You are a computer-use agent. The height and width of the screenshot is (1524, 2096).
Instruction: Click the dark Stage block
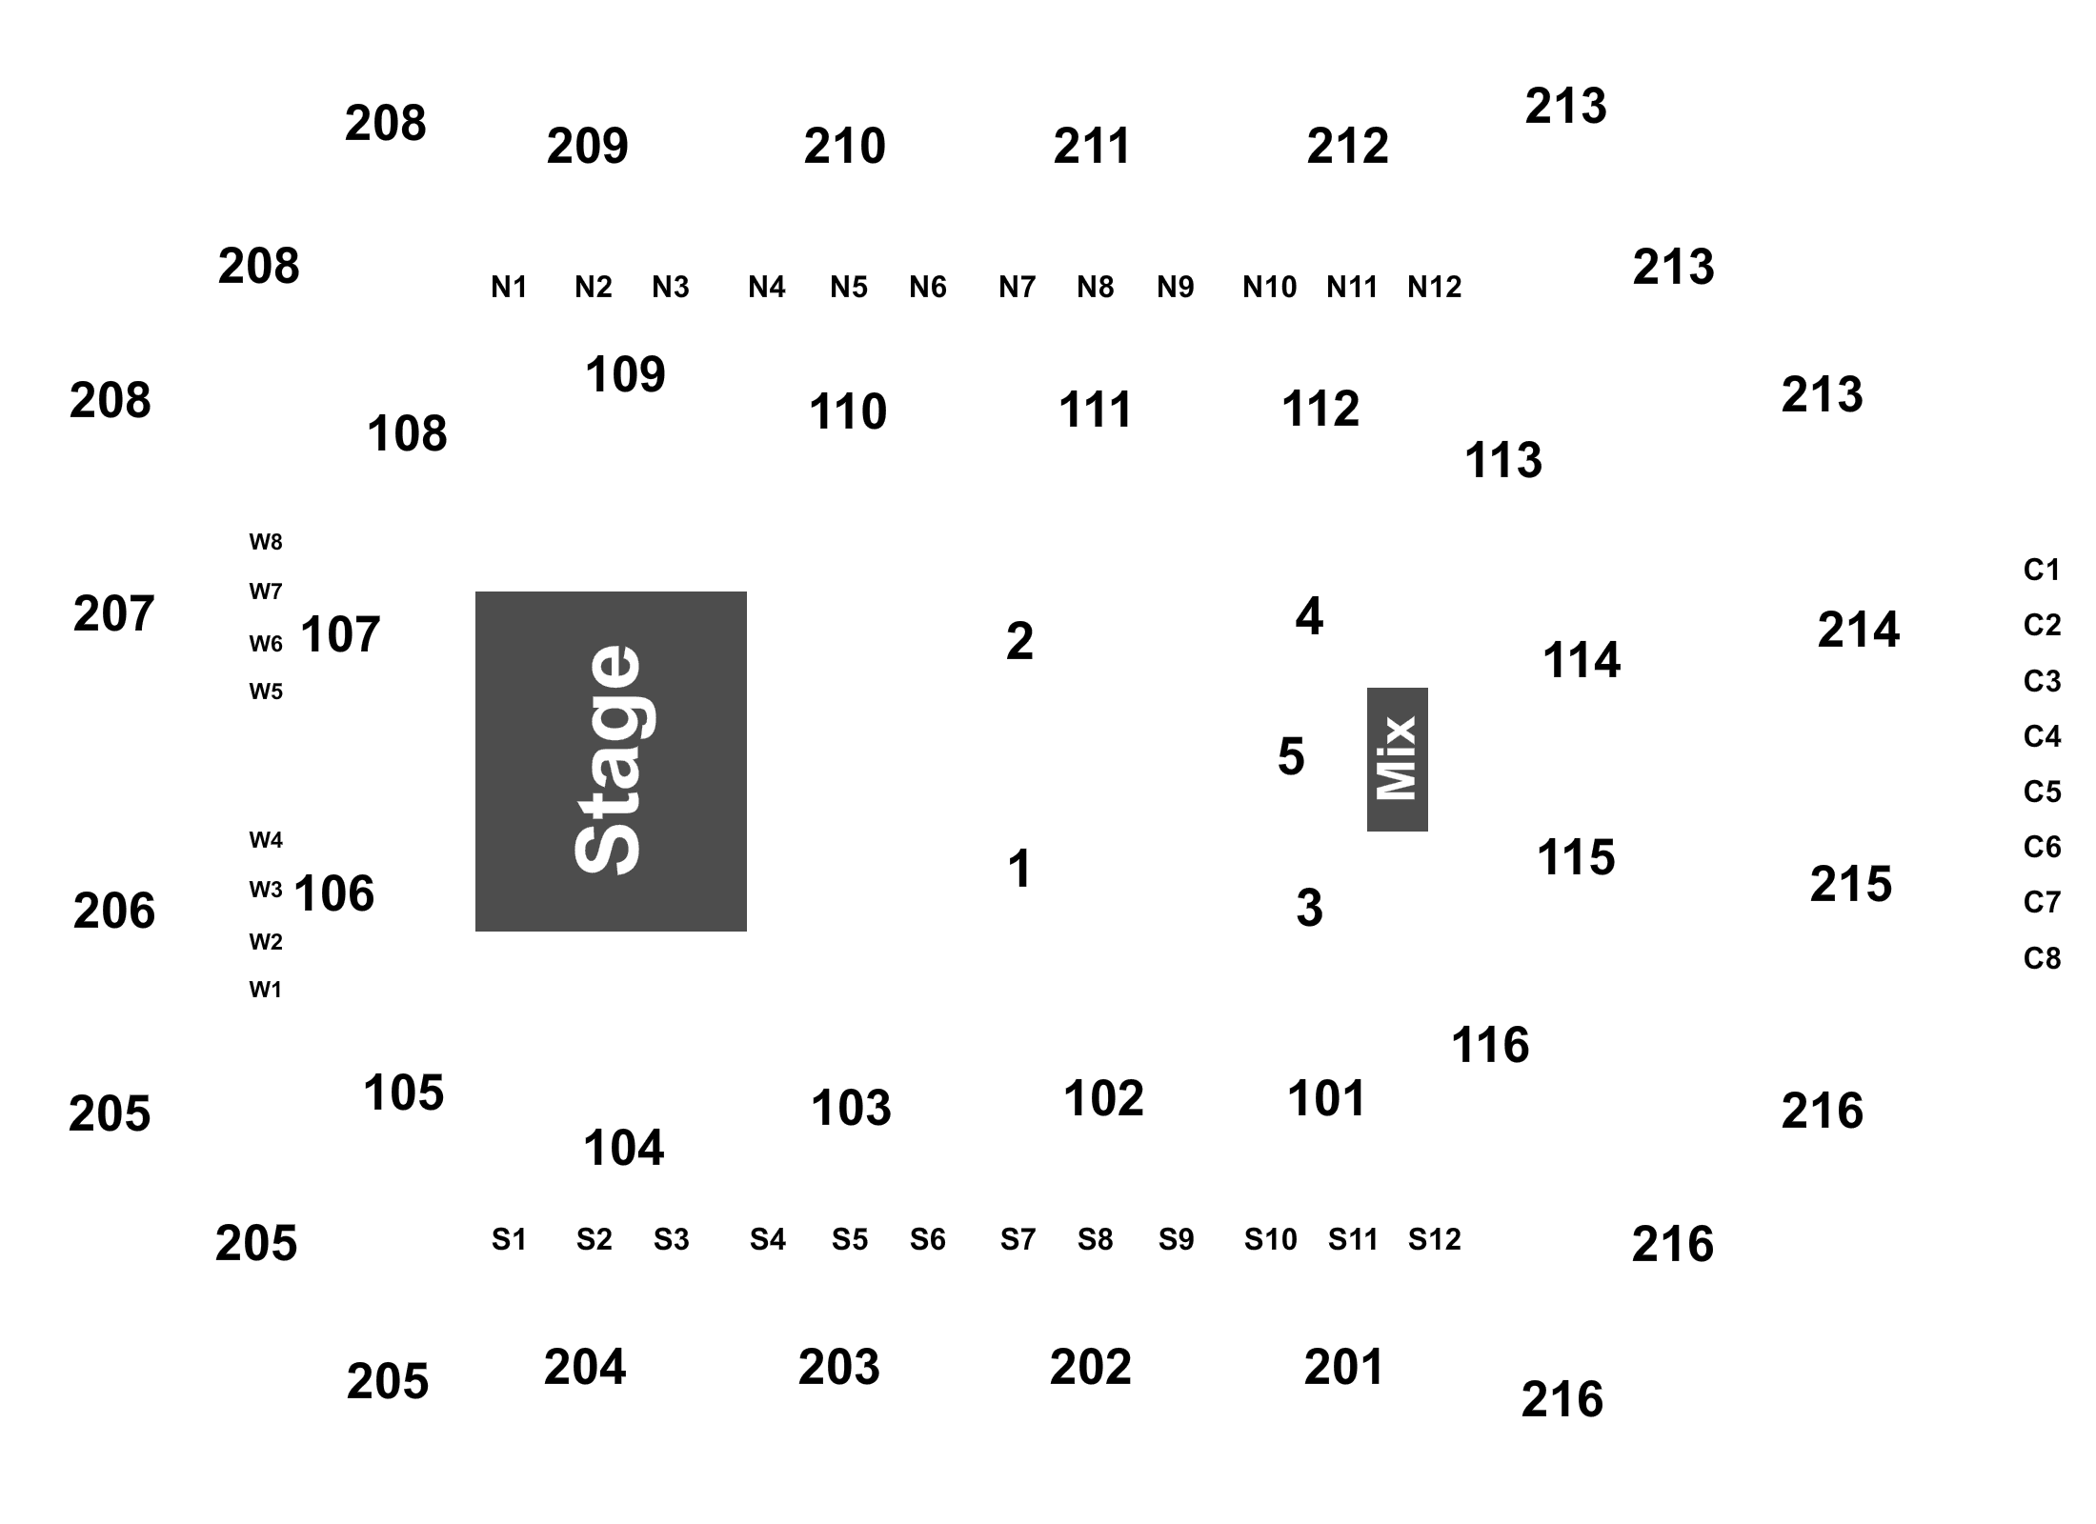click(x=611, y=761)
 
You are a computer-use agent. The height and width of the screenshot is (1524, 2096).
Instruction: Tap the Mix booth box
click(x=1397, y=759)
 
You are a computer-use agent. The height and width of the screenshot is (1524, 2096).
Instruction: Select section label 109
click(x=625, y=374)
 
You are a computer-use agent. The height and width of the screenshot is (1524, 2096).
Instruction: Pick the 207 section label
click(x=113, y=613)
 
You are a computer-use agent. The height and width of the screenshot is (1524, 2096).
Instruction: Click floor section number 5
click(x=1291, y=756)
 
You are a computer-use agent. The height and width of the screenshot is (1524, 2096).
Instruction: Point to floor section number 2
click(x=1019, y=641)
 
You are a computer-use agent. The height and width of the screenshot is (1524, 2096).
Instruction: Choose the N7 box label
click(x=1017, y=287)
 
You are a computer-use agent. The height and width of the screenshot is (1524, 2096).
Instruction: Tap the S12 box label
click(x=1434, y=1239)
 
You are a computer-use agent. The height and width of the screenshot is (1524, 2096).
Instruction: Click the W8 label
click(x=266, y=542)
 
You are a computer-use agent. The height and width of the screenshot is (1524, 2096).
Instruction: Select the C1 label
click(x=2042, y=570)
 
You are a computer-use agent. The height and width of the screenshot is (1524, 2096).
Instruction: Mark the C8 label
click(x=2042, y=958)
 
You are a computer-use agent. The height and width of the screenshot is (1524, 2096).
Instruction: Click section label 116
click(x=1490, y=1046)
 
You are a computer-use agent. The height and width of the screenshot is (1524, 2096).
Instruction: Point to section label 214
click(x=1858, y=630)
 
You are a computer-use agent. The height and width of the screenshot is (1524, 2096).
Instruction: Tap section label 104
click(x=623, y=1148)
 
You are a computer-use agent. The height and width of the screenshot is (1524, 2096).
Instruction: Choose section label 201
click(x=1343, y=1367)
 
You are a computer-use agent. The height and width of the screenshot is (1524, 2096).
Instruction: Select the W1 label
click(x=266, y=990)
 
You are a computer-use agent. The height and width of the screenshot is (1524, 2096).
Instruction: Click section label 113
click(x=1502, y=460)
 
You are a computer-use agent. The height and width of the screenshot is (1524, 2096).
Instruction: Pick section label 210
click(x=844, y=146)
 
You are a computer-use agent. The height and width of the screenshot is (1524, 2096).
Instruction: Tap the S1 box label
click(x=509, y=1239)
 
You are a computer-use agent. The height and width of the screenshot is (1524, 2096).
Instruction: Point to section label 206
click(x=113, y=911)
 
